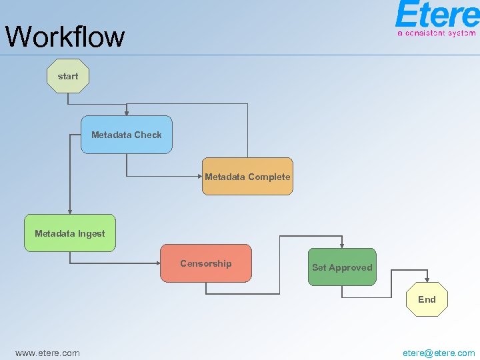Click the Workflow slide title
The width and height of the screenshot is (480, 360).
pyautogui.click(x=65, y=37)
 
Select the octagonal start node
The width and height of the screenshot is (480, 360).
pyautogui.click(x=68, y=76)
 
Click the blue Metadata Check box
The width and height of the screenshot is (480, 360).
pyautogui.click(x=127, y=135)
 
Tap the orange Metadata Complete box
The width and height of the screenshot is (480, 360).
pyautogui.click(x=247, y=177)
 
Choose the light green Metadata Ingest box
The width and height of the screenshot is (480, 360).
pyautogui.click(x=70, y=233)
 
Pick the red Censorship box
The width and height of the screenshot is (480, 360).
pyautogui.click(x=206, y=263)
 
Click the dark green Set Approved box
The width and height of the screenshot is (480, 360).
pyautogui.click(x=342, y=267)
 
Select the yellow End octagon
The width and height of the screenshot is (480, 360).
pyautogui.click(x=427, y=299)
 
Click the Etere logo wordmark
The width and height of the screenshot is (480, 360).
pyautogui.click(x=436, y=15)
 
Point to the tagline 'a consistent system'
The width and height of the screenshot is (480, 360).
pyautogui.click(x=436, y=33)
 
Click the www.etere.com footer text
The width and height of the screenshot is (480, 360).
pyautogui.click(x=47, y=353)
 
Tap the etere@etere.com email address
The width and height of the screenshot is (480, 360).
pyautogui.click(x=439, y=353)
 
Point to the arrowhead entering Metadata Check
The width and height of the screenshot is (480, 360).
pyautogui.click(x=127, y=113)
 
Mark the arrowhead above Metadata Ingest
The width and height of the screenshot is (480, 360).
pyautogui.click(x=70, y=211)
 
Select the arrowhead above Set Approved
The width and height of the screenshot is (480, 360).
pyautogui.click(x=342, y=245)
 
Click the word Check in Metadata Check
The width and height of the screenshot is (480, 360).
pyautogui.click(x=149, y=135)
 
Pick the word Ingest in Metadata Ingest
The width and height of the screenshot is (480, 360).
pyautogui.click(x=91, y=233)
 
